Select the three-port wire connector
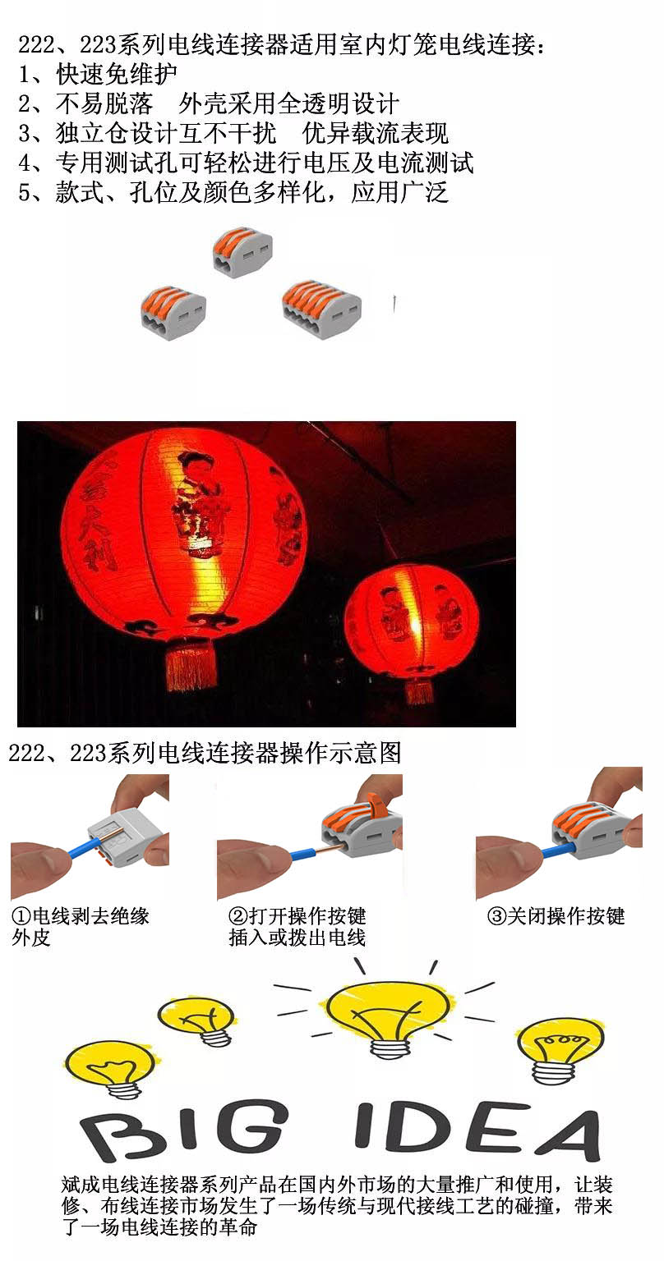pos(173,313)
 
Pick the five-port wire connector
pos(321,309)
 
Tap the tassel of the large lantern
pos(191,668)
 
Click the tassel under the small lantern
pos(419,691)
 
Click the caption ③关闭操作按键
pos(556,916)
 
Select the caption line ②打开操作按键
pos(297,916)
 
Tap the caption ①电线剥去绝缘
pos(80,916)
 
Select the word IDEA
pos(477,1131)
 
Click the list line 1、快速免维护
pos(98,74)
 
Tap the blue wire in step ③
pos(558,849)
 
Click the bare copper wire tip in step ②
pos(325,848)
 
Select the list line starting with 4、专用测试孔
pos(246,163)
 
